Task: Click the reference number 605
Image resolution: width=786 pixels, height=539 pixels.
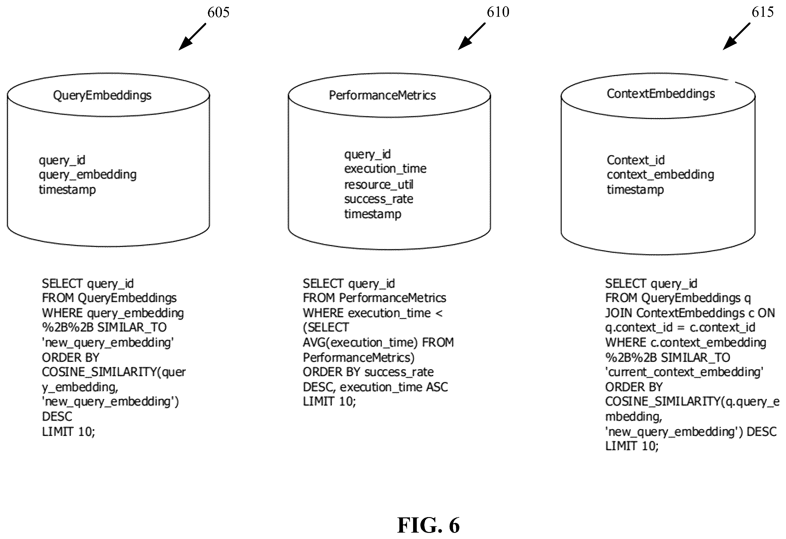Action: [x=218, y=12]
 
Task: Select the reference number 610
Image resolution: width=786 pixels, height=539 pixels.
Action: [x=498, y=12]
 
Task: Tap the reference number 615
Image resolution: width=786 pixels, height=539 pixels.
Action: [x=763, y=12]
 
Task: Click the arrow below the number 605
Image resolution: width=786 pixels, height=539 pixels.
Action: [x=192, y=37]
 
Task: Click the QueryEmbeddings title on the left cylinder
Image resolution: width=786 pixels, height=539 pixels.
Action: [x=102, y=96]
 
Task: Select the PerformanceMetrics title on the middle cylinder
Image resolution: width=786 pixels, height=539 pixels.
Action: [x=382, y=95]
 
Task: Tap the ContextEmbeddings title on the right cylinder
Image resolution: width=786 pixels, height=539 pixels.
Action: [x=661, y=94]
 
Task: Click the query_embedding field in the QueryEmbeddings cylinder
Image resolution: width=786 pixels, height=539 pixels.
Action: [x=88, y=175]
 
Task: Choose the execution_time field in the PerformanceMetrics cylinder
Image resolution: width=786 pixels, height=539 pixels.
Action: [x=385, y=168]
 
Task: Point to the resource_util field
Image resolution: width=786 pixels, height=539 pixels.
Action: [x=378, y=185]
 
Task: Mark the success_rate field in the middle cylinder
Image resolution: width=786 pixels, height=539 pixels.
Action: [x=378, y=199]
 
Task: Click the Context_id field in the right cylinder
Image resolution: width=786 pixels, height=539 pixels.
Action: [x=636, y=160]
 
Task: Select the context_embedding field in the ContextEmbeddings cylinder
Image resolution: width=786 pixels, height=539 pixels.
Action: [x=660, y=175]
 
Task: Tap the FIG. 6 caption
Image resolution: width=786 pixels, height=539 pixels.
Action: [x=428, y=525]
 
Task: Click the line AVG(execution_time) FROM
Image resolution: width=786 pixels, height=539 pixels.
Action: [x=378, y=342]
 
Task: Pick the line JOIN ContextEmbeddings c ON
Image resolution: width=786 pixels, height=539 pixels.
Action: [x=690, y=313]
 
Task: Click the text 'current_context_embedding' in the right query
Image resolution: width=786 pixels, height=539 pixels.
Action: [x=684, y=372]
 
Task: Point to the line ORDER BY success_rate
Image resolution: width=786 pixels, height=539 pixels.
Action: [x=368, y=372]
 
